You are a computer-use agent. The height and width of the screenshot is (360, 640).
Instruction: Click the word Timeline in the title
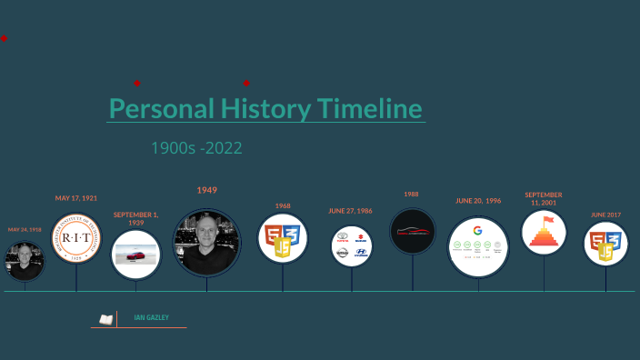[369, 109]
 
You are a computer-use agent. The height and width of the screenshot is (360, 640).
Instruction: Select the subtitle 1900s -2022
[196, 147]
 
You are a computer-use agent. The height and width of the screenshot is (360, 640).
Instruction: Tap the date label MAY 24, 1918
[25, 230]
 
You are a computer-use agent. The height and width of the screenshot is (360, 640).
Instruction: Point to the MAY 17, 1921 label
[76, 197]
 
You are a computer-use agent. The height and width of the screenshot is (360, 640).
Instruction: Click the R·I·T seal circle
[76, 237]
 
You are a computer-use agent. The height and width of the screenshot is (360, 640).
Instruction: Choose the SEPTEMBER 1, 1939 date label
[135, 219]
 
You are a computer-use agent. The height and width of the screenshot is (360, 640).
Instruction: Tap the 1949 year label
[206, 190]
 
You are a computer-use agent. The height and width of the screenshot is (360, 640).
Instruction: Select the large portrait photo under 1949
[206, 243]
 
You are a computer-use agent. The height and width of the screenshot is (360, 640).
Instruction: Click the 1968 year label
[283, 206]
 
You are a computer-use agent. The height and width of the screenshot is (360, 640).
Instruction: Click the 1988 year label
[411, 194]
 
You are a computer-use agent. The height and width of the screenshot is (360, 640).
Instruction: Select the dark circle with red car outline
[413, 231]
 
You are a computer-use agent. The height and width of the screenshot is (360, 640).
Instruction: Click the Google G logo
[477, 230]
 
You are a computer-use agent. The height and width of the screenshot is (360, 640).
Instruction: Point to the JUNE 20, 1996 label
[478, 201]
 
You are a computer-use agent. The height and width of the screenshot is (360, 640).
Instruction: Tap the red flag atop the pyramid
[547, 220]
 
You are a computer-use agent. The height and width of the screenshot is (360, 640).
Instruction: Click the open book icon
[105, 319]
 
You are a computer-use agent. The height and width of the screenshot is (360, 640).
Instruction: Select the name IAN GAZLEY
[151, 317]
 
